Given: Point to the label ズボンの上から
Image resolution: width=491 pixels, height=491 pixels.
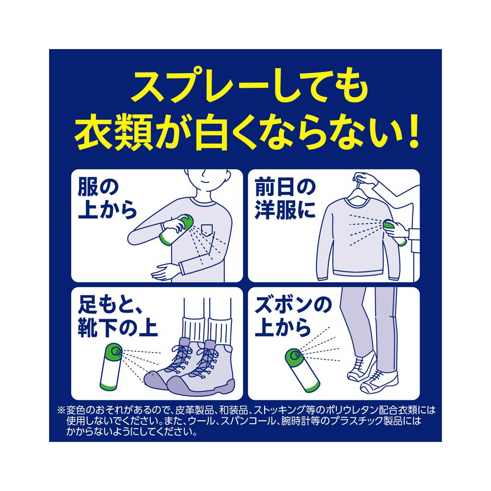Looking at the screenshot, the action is (293, 317).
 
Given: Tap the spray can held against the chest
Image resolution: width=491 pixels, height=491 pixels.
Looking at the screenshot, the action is (176, 230).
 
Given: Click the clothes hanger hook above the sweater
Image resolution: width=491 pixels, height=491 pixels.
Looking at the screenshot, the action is (358, 183).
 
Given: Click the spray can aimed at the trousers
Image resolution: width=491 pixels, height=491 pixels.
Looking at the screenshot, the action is (302, 370).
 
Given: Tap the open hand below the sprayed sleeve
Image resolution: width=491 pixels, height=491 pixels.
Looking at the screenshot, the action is (164, 272).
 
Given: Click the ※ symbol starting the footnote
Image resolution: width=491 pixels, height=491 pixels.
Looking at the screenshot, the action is (61, 410).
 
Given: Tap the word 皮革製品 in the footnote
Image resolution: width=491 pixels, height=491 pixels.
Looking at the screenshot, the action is (195, 410).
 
